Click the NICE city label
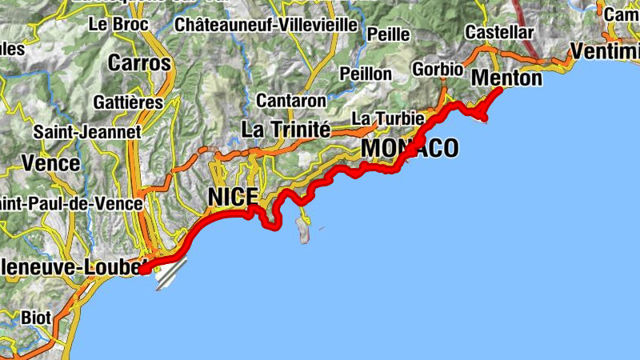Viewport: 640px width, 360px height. (x=233, y=197)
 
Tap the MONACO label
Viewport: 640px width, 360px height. (x=410, y=148)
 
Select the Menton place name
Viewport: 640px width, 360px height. (x=506, y=78)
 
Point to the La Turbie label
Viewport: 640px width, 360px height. (x=388, y=118)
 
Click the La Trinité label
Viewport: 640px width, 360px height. (x=286, y=129)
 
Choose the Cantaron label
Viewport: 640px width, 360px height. (x=291, y=101)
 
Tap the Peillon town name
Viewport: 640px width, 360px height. (x=366, y=74)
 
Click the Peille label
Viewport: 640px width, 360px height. (x=388, y=34)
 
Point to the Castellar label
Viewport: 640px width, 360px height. (x=498, y=33)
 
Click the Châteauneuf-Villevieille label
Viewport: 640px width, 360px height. (x=266, y=25)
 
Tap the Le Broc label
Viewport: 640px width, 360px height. (x=118, y=24)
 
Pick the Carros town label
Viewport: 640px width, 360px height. (x=139, y=62)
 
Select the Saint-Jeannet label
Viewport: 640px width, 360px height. (x=87, y=131)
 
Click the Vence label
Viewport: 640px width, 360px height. (x=50, y=163)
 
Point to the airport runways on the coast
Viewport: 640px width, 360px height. (x=170, y=274)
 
